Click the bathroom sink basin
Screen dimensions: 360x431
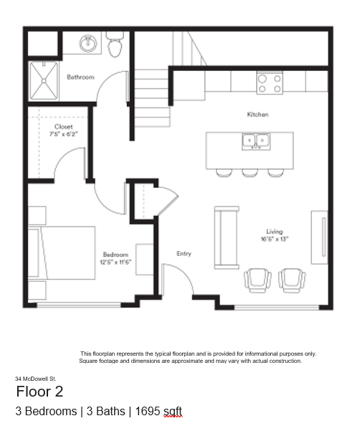(x=88, y=43)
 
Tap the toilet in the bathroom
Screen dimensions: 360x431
(x=115, y=44)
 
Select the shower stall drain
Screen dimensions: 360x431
(x=44, y=81)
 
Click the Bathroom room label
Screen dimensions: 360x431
(x=80, y=77)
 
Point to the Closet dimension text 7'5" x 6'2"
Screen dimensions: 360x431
(x=64, y=134)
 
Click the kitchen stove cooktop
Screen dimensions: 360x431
(x=270, y=83)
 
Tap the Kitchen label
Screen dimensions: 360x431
(x=257, y=114)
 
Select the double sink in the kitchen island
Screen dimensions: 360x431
(x=256, y=141)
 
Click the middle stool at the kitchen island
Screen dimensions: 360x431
(x=250, y=173)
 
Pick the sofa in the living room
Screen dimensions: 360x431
(x=227, y=237)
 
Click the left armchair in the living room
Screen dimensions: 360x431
(x=257, y=280)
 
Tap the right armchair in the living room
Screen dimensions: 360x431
(x=292, y=280)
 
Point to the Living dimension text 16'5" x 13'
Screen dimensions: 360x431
(x=275, y=239)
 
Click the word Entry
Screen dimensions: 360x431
(x=184, y=253)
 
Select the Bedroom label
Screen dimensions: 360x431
(x=115, y=255)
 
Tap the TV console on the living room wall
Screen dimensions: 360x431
(x=319, y=237)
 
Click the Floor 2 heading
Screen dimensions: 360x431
(x=39, y=392)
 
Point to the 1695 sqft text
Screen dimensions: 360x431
(x=158, y=411)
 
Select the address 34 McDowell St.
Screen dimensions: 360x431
(x=35, y=379)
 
